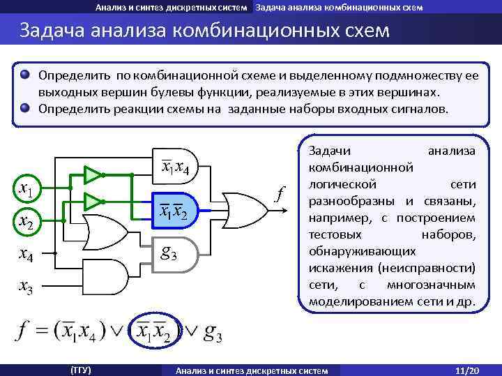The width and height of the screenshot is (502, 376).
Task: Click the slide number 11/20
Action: (464, 369)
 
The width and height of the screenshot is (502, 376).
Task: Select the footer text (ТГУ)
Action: (81, 369)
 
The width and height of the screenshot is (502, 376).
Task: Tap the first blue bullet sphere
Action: (25, 75)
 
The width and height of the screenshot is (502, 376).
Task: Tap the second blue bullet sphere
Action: (25, 108)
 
